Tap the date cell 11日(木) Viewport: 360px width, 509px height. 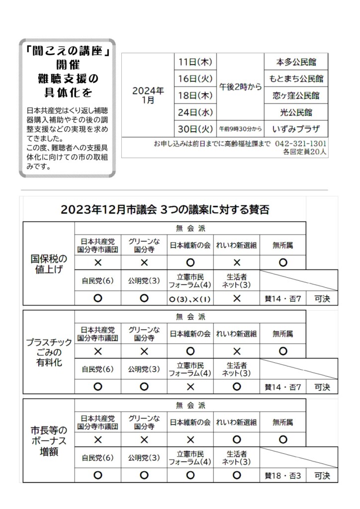click(195, 62)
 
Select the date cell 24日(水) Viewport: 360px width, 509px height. click(195, 112)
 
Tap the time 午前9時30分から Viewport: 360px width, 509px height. click(240, 129)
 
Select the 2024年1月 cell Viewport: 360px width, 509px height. click(148, 95)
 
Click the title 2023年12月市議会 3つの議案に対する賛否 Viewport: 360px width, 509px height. click(165, 209)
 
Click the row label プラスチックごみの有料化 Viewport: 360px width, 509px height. click(49, 352)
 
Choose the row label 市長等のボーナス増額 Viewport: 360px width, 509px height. click(49, 441)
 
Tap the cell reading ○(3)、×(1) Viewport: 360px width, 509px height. click(190, 299)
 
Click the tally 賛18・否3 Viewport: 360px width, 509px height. click(282, 476)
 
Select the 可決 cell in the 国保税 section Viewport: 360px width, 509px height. click(322, 299)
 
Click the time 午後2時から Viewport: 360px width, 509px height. click(240, 86)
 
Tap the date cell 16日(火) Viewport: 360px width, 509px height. click(195, 79)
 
